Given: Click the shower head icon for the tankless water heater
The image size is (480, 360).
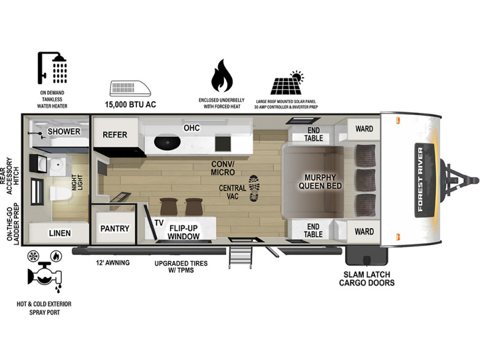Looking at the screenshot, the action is (52, 68).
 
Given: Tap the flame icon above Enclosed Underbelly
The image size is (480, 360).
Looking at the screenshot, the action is (222, 76).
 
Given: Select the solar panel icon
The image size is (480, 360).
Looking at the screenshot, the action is (287, 83).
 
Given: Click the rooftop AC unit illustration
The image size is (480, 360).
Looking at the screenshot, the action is (130, 88).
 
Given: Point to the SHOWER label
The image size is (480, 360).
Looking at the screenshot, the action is (64, 131).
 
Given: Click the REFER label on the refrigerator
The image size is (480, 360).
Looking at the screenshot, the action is (115, 135).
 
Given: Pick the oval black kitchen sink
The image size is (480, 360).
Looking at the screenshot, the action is (167, 143).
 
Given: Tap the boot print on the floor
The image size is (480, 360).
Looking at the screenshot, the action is (254, 188).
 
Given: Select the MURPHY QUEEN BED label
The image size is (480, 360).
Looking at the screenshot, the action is (320, 182).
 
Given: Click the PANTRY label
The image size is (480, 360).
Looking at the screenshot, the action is (115, 229).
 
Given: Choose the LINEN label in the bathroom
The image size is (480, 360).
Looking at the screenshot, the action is (60, 233).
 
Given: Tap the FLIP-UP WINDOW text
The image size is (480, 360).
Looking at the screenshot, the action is (184, 232).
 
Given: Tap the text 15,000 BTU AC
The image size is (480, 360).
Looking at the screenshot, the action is (130, 104).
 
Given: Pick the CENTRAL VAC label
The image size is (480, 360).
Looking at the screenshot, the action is (233, 192).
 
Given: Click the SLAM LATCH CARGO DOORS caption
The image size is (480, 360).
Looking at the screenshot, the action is (366, 279).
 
